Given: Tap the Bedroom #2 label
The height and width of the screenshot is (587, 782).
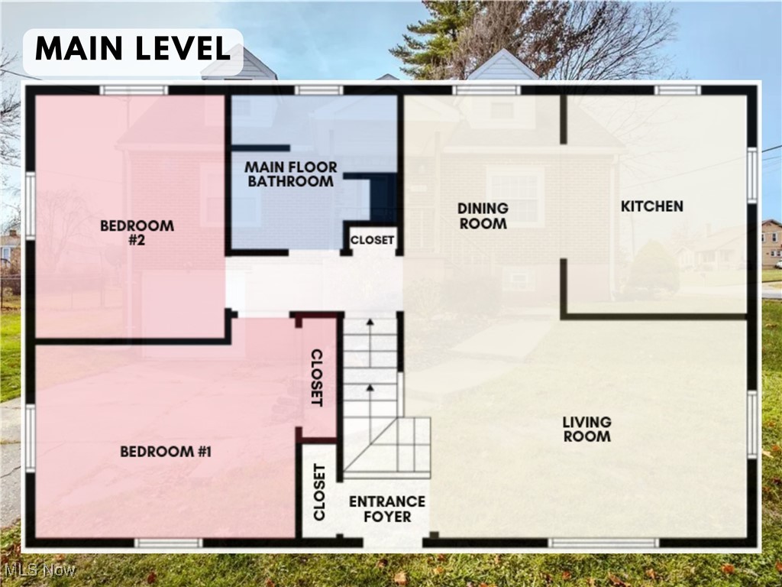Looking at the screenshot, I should (x=137, y=232).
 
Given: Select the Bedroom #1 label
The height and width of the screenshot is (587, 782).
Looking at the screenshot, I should (x=165, y=452).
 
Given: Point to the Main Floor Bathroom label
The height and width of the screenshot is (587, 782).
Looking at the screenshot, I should (x=290, y=174).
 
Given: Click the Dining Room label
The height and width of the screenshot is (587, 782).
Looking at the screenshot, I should (x=483, y=216).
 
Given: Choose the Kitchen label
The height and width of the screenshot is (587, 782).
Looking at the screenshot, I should (x=651, y=206).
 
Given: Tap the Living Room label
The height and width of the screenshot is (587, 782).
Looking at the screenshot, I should (x=586, y=429).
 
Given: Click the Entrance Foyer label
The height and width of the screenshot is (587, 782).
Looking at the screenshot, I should (x=387, y=509).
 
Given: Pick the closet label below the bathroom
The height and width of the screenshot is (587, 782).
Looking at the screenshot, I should (x=372, y=240).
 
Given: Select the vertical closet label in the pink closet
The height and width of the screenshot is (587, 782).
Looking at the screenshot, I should (x=317, y=378).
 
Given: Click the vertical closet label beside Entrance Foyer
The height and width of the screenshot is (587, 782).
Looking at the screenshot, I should (x=318, y=492).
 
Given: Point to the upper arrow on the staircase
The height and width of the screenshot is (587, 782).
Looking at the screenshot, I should (x=370, y=336).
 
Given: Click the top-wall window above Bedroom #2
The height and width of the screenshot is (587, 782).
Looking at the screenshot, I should (x=134, y=90).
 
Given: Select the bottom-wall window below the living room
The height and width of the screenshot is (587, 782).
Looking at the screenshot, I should (x=603, y=543).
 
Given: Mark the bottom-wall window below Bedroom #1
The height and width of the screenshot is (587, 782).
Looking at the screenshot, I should (x=168, y=543).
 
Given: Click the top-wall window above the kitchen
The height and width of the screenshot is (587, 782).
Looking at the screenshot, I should (x=677, y=90).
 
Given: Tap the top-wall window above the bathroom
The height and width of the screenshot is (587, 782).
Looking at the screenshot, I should (x=319, y=90).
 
